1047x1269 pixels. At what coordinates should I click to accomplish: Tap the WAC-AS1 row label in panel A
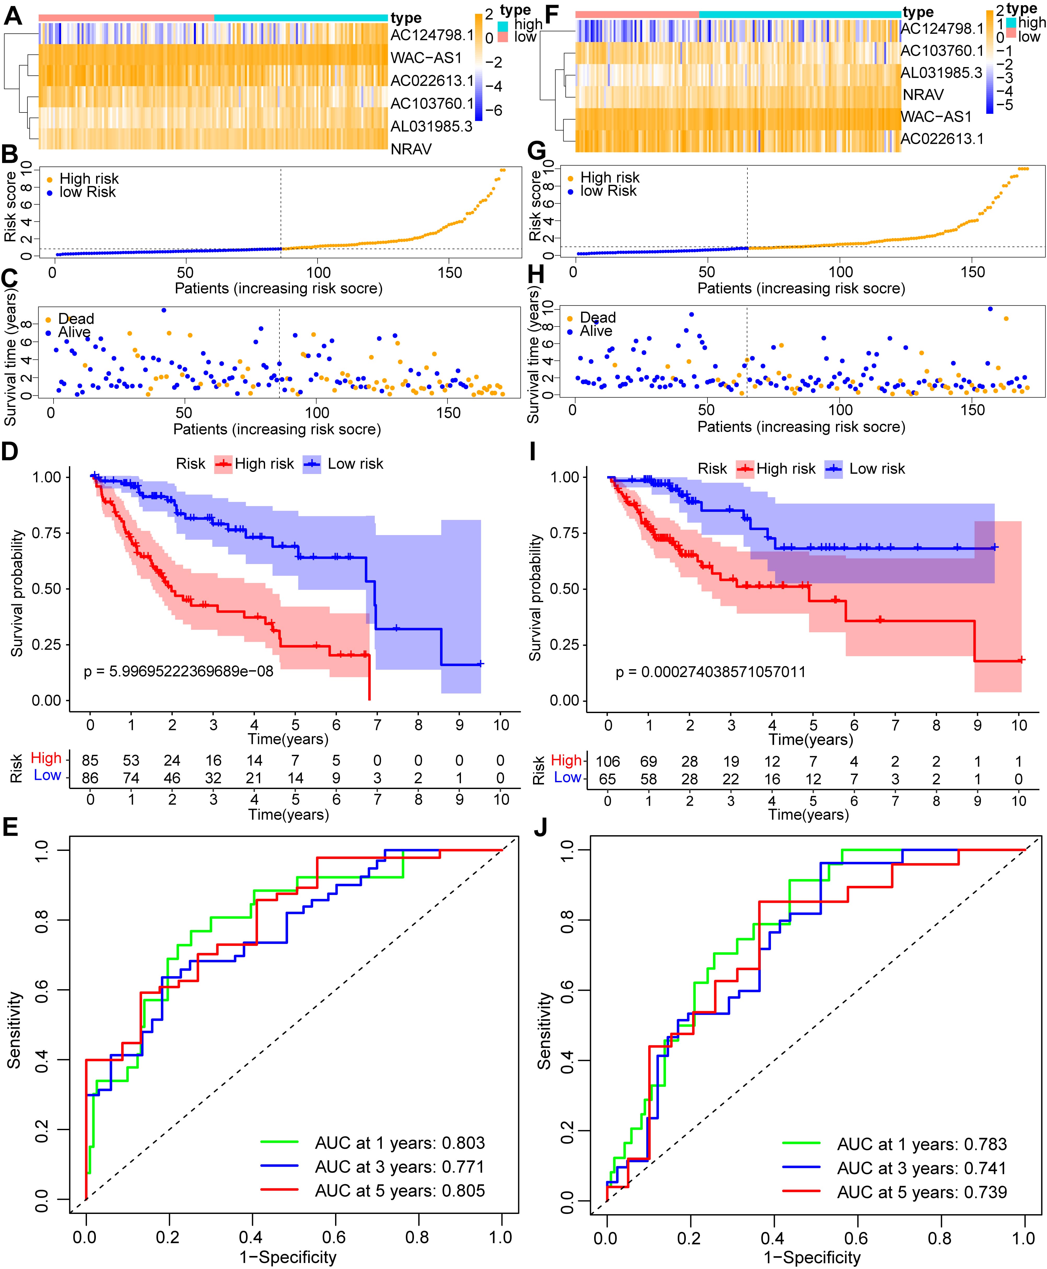[x=426, y=58]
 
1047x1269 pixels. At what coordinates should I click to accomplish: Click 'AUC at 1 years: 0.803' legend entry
[x=399, y=1143]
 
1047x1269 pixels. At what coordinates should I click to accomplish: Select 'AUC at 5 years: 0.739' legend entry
[x=922, y=1192]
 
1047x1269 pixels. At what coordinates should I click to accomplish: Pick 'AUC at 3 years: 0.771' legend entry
[x=399, y=1167]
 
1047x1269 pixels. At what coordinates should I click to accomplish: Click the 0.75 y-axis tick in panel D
[x=47, y=533]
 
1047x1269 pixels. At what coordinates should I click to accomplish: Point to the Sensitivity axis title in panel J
[x=544, y=1031]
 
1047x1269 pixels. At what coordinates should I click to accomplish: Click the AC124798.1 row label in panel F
[x=941, y=28]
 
